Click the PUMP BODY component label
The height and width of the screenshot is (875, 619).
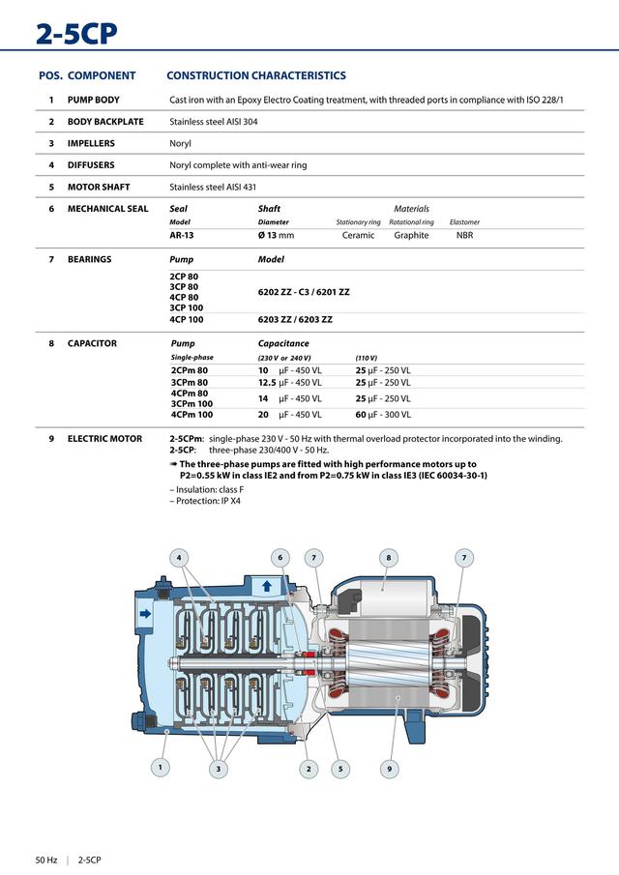[93, 100]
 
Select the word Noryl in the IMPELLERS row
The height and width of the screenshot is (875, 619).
[180, 143]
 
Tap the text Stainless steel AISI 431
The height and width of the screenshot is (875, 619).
[213, 187]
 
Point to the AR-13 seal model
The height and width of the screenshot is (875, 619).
[181, 235]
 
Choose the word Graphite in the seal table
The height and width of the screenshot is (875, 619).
[411, 235]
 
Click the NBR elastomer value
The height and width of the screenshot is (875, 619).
[464, 235]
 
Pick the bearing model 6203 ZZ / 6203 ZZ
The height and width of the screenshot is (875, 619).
[295, 319]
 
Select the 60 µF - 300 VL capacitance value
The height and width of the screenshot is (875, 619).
[383, 415]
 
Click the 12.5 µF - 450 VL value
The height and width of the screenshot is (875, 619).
[289, 383]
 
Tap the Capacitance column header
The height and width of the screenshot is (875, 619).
[283, 343]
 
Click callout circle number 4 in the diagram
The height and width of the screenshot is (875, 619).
[178, 557]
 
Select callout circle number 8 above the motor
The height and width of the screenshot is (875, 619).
[388, 557]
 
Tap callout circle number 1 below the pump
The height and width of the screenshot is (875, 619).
[161, 767]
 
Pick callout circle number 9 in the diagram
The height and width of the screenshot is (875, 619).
[388, 769]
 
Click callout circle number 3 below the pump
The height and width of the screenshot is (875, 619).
[219, 769]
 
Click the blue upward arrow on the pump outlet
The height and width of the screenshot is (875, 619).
[267, 586]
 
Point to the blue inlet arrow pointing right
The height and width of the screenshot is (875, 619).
[146, 613]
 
